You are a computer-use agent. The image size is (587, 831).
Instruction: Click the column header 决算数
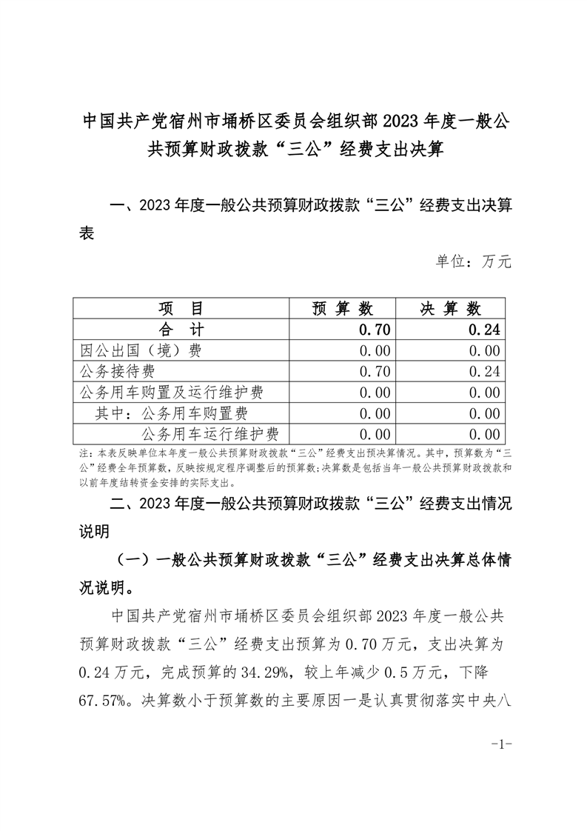[451, 308]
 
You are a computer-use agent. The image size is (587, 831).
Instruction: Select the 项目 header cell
[181, 308]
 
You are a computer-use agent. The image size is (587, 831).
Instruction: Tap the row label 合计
[181, 329]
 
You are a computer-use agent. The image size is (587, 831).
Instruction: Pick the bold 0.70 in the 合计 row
[374, 329]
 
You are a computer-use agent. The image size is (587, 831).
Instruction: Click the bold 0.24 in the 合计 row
[484, 329]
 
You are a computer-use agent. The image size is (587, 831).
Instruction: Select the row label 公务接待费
[118, 371]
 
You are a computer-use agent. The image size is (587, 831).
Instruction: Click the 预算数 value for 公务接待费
[374, 371]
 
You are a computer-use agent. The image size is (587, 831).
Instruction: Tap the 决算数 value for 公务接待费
[484, 371]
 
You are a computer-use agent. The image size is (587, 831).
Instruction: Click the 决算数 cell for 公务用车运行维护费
[484, 434]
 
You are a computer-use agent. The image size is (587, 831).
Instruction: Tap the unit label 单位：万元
[474, 261]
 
